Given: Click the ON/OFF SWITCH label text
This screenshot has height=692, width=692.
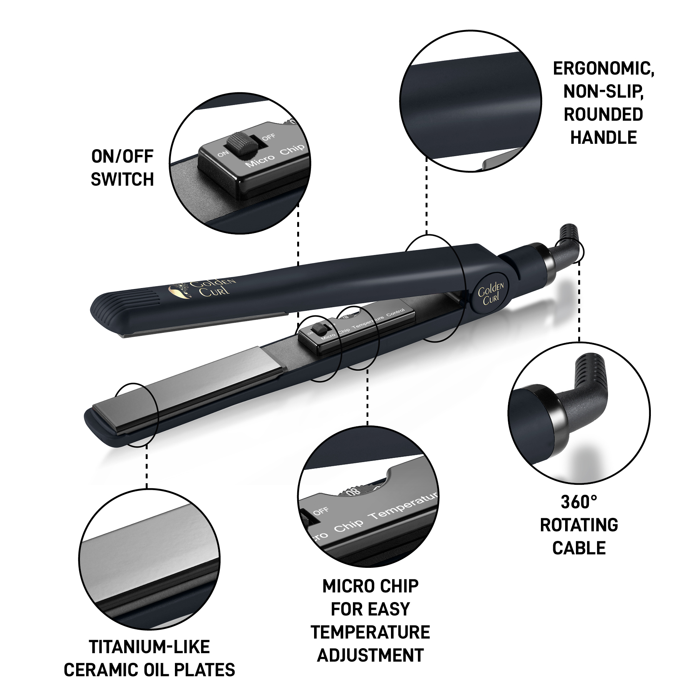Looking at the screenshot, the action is click(122, 168).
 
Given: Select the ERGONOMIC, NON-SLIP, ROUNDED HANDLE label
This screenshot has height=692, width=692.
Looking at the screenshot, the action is click(604, 103).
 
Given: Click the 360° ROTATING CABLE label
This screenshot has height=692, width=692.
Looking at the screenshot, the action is click(579, 525).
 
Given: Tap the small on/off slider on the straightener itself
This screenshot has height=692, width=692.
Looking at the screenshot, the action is click(318, 329).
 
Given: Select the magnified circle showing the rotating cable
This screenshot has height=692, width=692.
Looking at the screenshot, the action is click(579, 413).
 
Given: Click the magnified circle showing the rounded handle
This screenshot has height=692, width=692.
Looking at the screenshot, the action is click(471, 101).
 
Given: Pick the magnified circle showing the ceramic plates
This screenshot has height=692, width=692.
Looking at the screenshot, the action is click(149, 559).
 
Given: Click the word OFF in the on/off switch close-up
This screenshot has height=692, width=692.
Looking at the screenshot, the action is click(269, 137).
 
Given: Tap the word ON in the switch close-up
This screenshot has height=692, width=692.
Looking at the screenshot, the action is click(223, 154).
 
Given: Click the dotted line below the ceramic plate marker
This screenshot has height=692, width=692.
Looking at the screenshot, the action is click(146, 467).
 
